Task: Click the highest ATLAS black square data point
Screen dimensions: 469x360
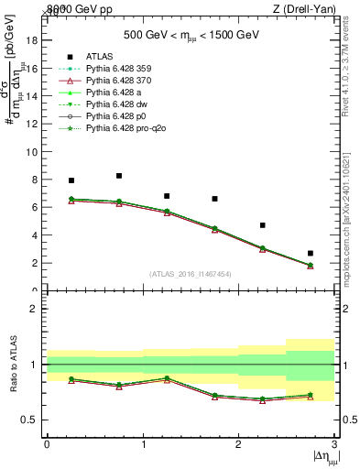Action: click(x=119, y=176)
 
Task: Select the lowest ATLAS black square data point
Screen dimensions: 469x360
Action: click(x=311, y=253)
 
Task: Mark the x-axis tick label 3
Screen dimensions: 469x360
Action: click(x=334, y=444)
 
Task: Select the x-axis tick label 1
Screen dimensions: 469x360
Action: click(x=143, y=444)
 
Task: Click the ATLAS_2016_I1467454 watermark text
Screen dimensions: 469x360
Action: click(x=190, y=274)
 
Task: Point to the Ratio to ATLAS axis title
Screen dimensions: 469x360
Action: click(x=12, y=365)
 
